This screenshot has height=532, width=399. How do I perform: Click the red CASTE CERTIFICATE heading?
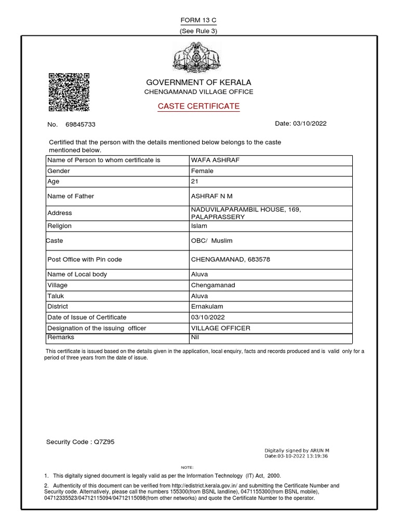click(x=199, y=107)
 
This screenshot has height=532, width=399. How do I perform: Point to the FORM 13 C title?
click(x=198, y=20)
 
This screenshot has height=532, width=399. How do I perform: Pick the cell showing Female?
click(x=203, y=171)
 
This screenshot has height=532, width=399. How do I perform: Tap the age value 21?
click(x=195, y=181)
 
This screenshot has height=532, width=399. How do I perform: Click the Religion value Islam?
click(x=199, y=226)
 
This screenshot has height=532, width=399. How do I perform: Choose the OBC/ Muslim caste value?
click(x=212, y=241)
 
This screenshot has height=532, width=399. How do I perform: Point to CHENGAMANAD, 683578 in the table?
click(x=231, y=259)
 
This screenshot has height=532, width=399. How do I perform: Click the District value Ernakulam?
click(x=206, y=307)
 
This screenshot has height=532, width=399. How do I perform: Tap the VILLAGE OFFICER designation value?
click(x=221, y=328)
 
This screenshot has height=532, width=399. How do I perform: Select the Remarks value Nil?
click(x=195, y=337)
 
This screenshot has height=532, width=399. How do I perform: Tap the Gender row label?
click(x=59, y=171)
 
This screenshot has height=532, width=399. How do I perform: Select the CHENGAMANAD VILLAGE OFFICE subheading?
click(x=198, y=92)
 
